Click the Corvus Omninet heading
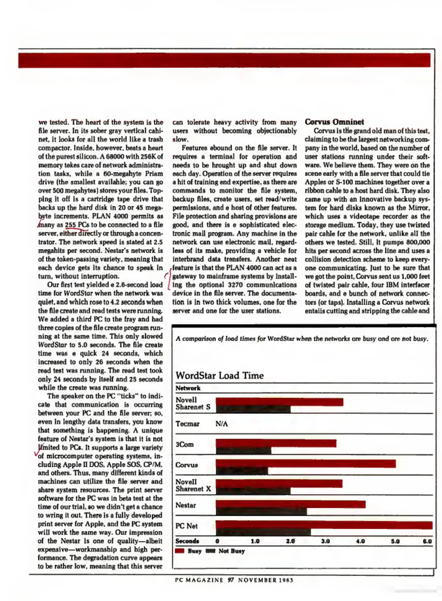pos(334,122)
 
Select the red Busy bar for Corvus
pos(306,464)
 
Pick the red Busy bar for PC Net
pos(324,525)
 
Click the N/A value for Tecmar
pos(221,424)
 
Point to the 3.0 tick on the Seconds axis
pos(325,541)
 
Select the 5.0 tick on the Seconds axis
pos(395,541)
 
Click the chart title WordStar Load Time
pos(219,375)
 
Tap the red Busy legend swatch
pos(180,551)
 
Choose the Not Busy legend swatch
pos(210,551)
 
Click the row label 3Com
pos(184,444)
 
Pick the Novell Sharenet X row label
pos(193,485)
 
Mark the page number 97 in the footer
pos(230,580)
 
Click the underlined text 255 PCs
pos(77,225)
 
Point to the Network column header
pos(188,388)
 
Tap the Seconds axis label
pos(187,541)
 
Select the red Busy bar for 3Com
pos(276,443)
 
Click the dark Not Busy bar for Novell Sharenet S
pos(253,409)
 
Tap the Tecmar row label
pos(187,424)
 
